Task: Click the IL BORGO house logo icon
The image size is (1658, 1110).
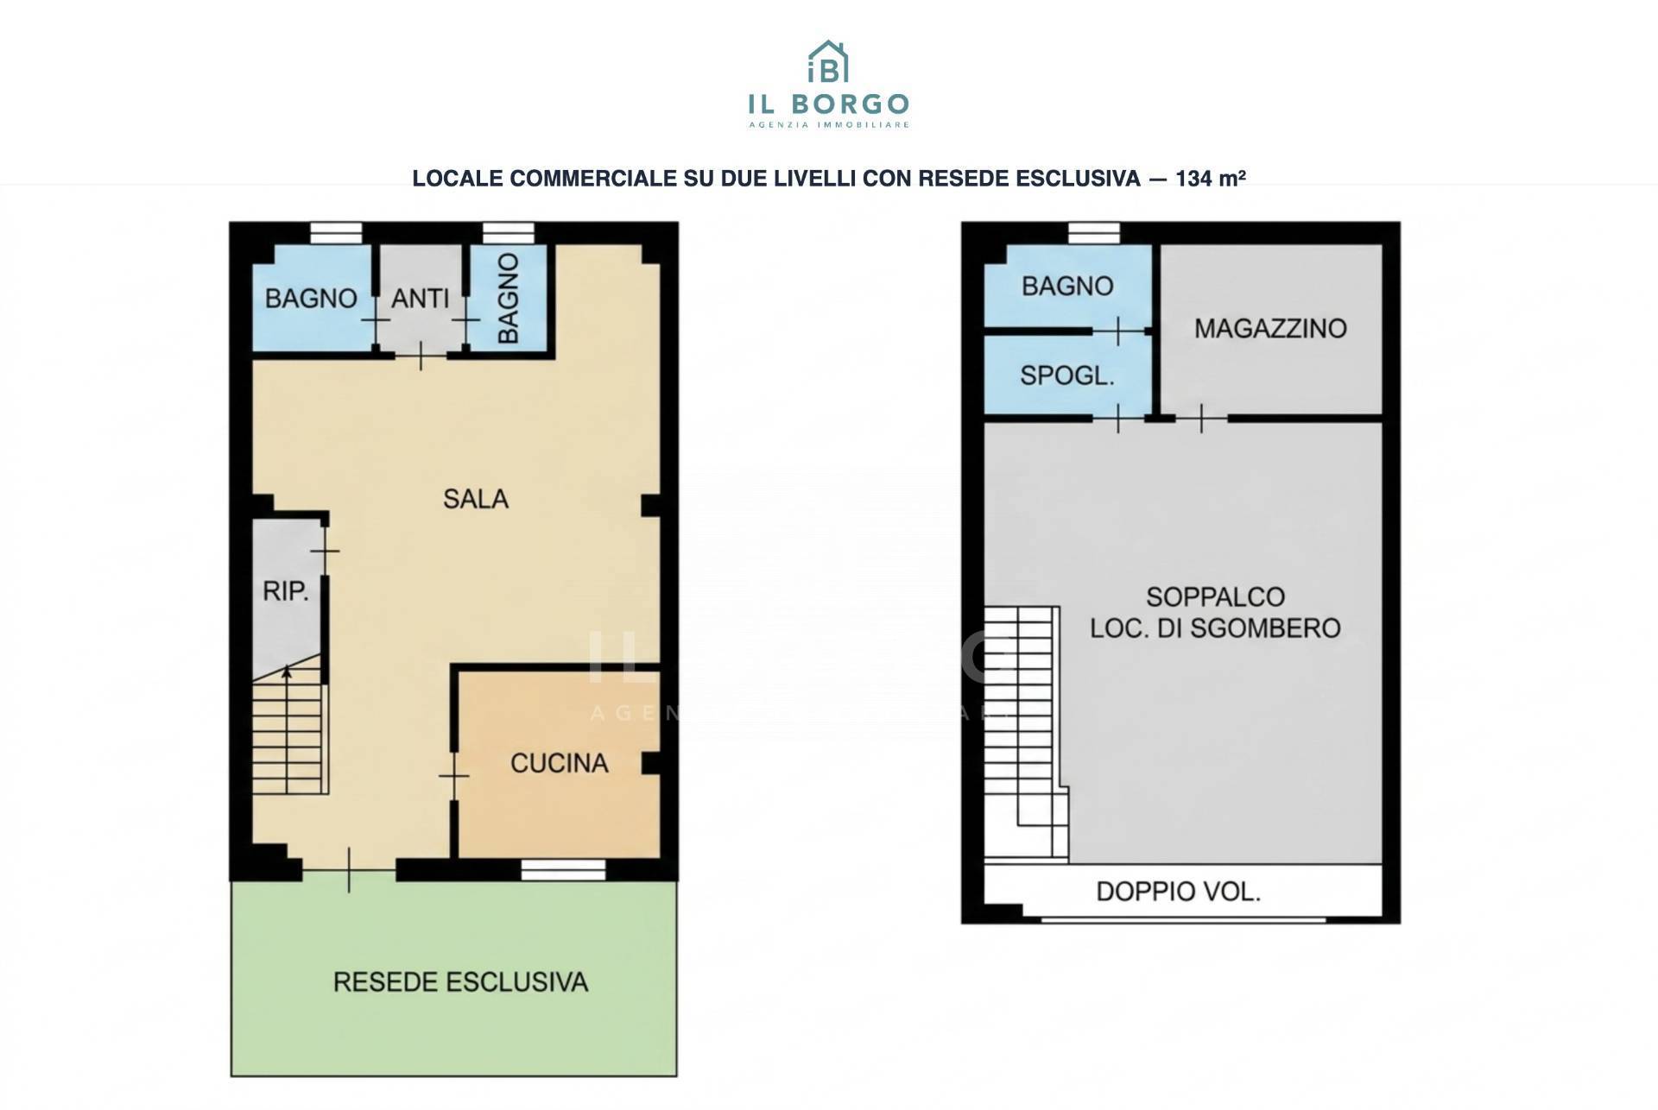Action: [828, 61]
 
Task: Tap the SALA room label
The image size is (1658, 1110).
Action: [476, 499]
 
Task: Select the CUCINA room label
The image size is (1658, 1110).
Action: [560, 763]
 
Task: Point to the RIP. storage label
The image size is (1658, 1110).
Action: [286, 592]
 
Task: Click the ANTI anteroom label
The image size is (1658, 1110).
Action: [421, 299]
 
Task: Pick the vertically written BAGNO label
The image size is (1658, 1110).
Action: [509, 298]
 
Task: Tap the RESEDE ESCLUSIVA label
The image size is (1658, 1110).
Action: [460, 982]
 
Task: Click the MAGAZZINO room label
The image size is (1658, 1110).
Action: [1270, 329]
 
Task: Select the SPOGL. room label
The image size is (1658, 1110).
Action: [1067, 376]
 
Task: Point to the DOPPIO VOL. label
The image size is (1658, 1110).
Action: [1179, 892]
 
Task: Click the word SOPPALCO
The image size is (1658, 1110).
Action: [1216, 596]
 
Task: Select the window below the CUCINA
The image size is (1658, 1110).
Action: [563, 870]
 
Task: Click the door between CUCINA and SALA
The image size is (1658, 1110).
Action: [453, 776]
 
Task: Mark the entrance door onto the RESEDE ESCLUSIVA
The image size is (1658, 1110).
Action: [349, 870]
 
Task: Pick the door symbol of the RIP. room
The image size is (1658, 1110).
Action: [325, 551]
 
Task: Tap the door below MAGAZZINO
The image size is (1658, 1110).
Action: [1201, 419]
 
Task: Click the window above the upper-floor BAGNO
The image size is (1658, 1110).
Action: [1093, 233]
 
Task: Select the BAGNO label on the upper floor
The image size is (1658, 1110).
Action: [1067, 287]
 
